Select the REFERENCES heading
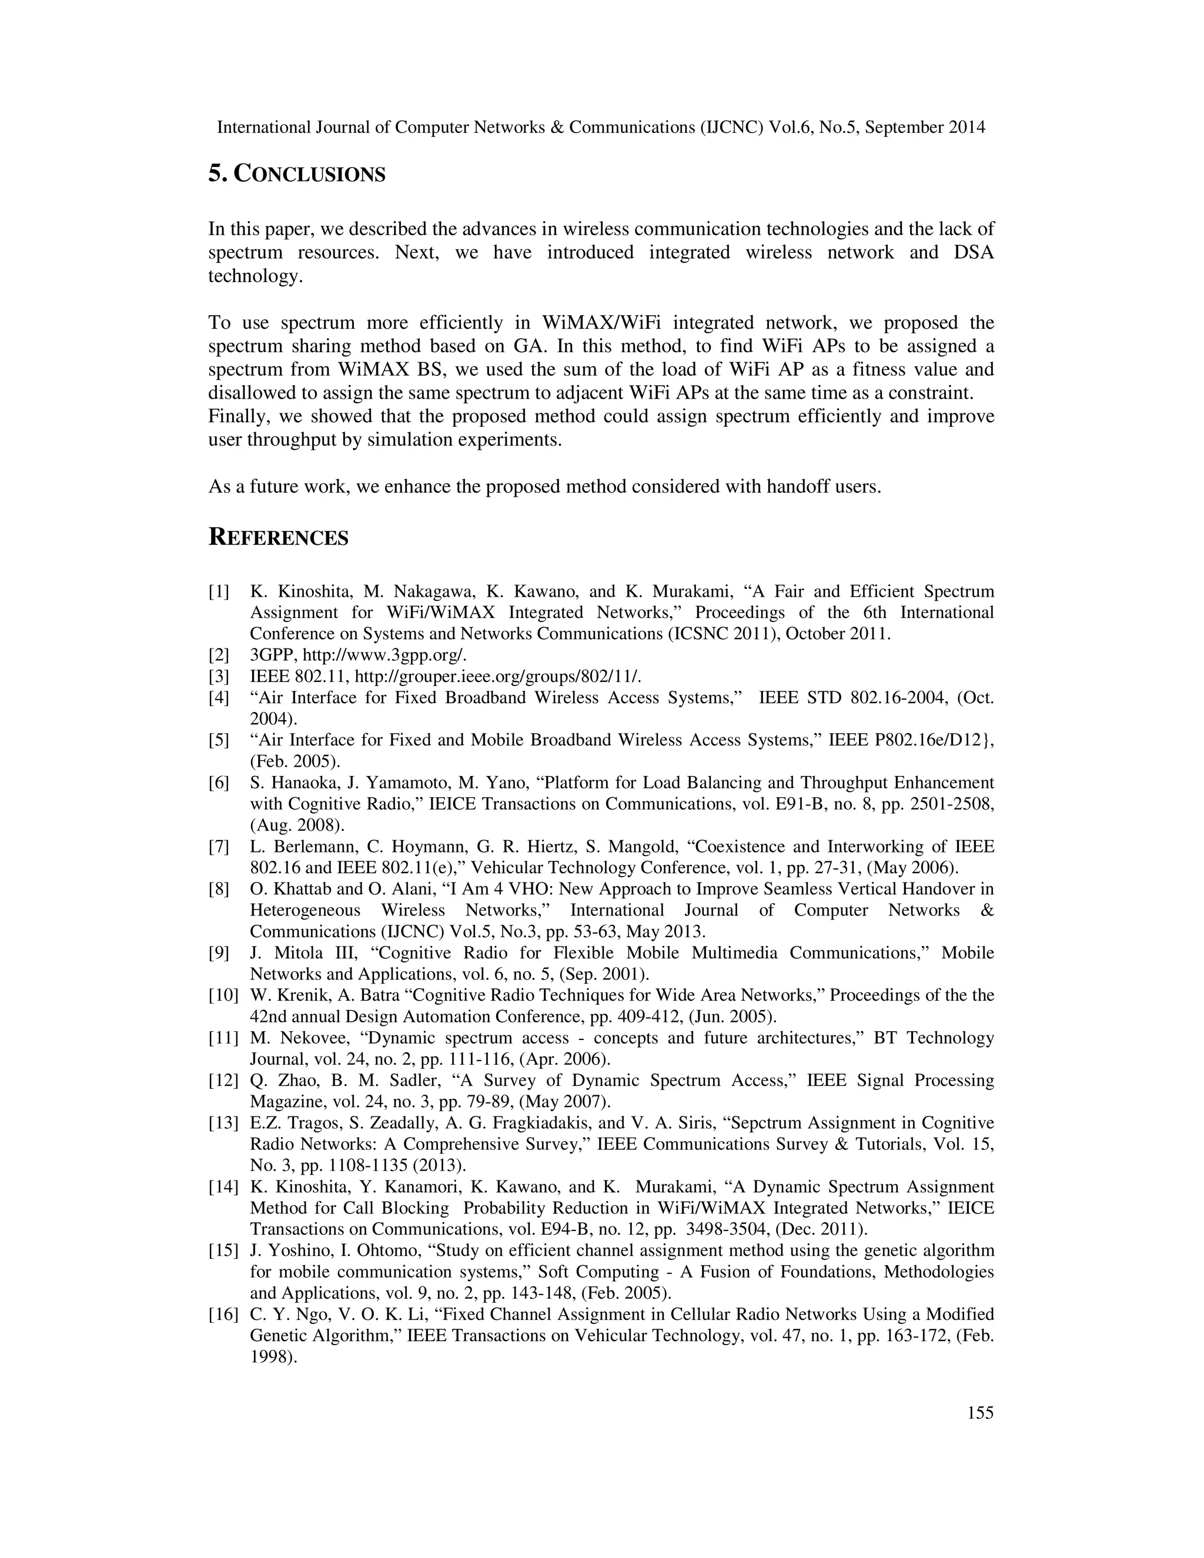tap(278, 538)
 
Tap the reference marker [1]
tap(219, 591)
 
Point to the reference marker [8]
tap(219, 889)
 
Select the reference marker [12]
tap(223, 1081)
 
